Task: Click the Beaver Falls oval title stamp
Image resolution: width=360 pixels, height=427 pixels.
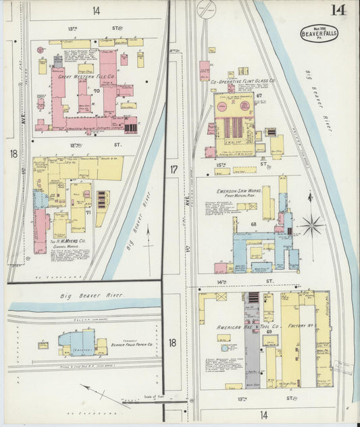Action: click(x=320, y=33)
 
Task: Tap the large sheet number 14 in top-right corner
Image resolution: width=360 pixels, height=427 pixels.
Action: click(x=338, y=10)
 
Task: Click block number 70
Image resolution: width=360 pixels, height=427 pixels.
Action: click(x=97, y=90)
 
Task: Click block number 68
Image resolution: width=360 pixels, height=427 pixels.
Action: click(x=255, y=224)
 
